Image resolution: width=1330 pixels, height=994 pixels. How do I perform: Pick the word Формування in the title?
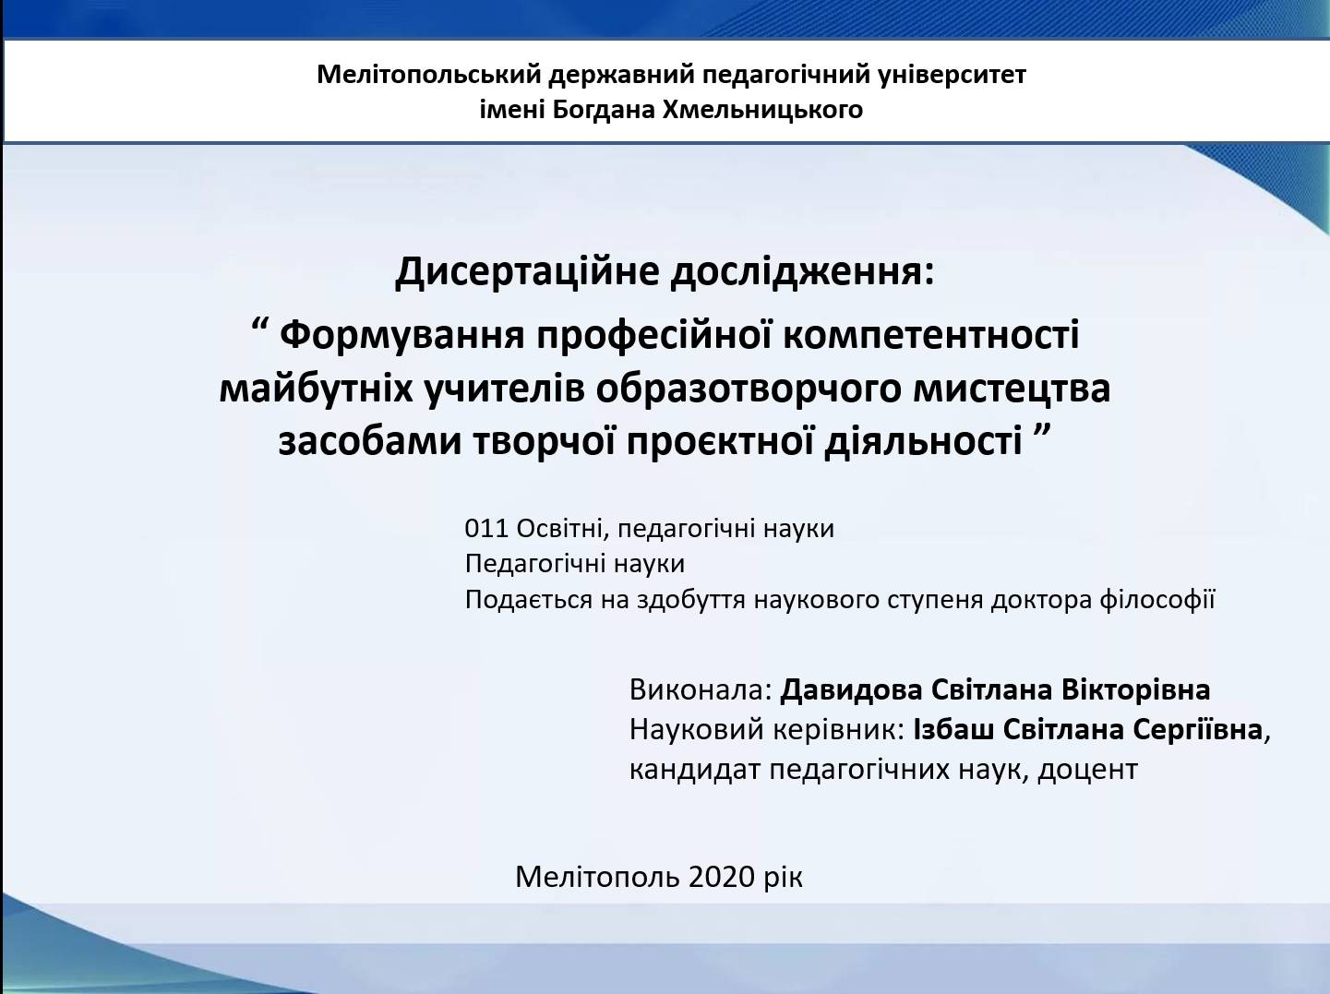[402, 335]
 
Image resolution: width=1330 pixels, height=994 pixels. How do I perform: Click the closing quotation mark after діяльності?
[1039, 431]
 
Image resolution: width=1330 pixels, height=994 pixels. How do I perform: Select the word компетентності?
[931, 335]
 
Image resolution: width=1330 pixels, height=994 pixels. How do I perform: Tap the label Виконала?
[701, 690]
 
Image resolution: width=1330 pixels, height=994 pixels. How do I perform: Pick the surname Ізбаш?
[953, 730]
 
